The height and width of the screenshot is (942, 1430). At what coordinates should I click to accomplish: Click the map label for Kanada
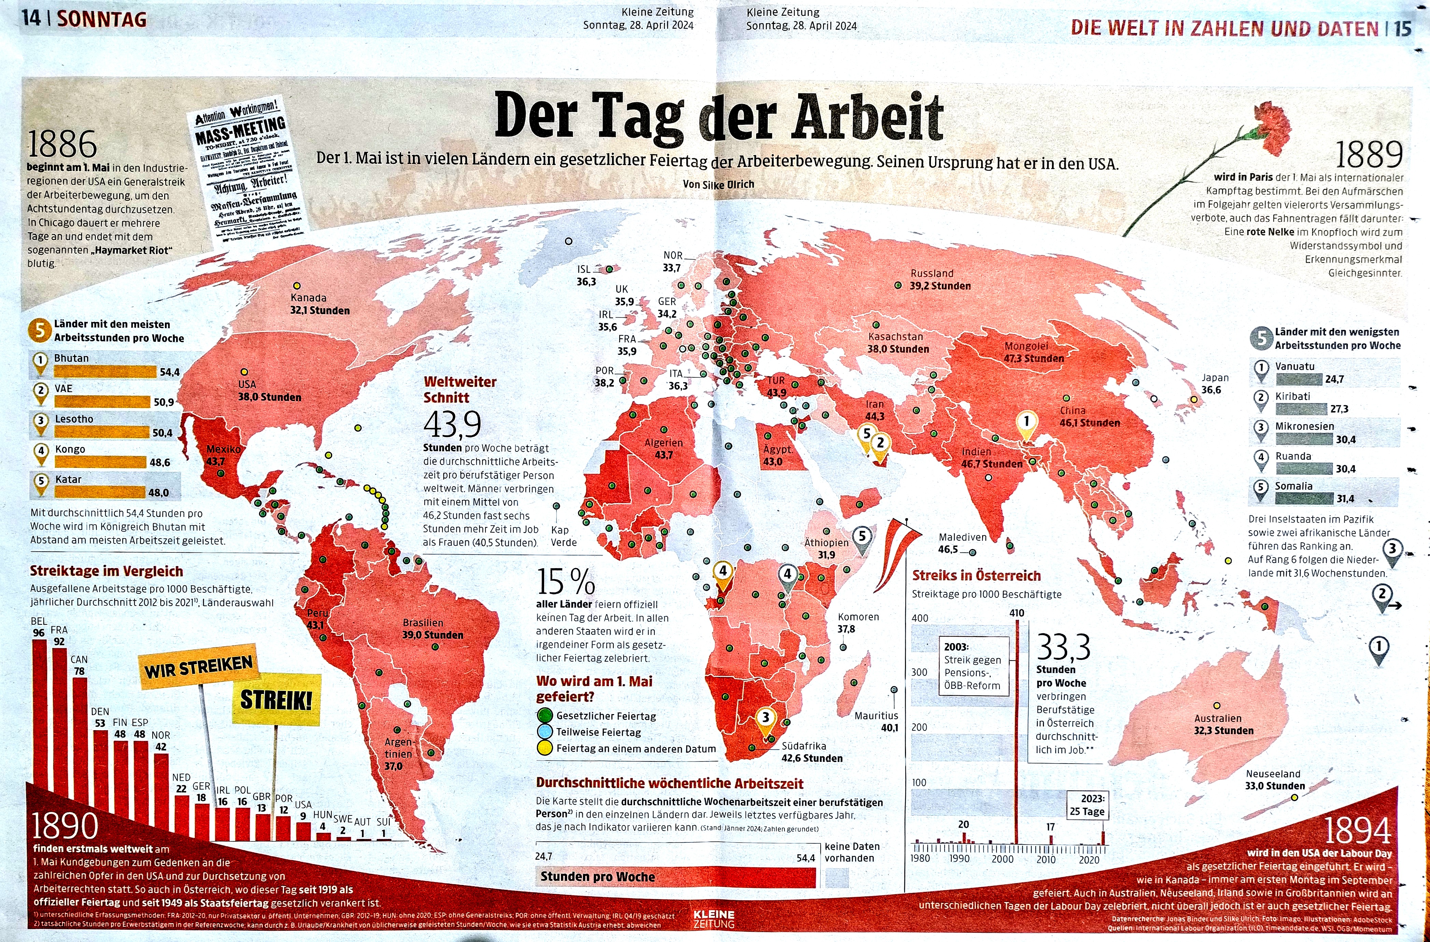pos(308,298)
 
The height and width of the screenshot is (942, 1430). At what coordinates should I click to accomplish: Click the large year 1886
pos(62,145)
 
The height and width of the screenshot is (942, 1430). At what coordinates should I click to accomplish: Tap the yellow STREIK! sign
pos(277,700)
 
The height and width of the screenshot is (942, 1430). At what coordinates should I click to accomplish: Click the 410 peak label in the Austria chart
pos(1017,613)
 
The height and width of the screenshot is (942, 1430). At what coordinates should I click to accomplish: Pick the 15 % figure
pos(566,581)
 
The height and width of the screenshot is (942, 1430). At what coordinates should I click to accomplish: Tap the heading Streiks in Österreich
pos(976,576)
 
